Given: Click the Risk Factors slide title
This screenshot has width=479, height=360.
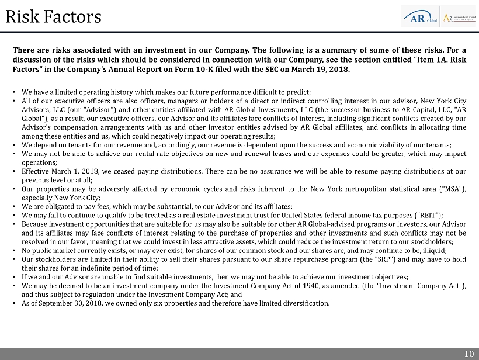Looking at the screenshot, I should click(x=53, y=16).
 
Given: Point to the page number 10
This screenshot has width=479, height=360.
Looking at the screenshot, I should click(x=469, y=354).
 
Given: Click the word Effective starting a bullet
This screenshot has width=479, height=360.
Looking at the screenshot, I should click(x=34, y=171).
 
